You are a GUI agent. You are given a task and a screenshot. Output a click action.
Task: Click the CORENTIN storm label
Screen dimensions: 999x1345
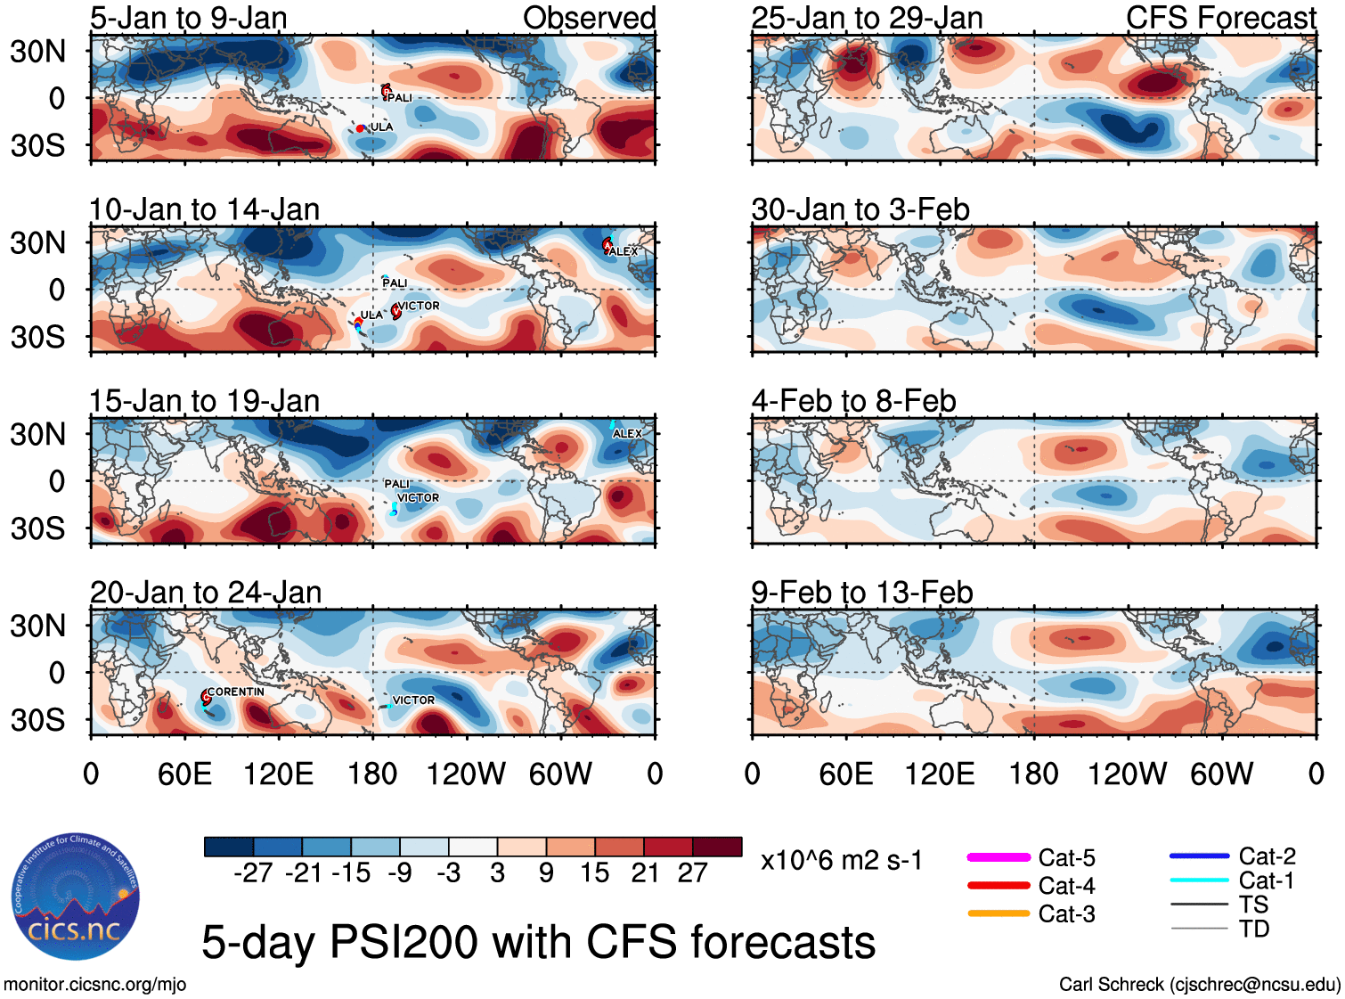click(236, 692)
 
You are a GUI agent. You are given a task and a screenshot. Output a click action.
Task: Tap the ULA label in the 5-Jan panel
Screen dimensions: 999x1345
click(381, 127)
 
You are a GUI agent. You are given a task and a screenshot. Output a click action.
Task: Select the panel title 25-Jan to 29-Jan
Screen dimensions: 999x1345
click(867, 18)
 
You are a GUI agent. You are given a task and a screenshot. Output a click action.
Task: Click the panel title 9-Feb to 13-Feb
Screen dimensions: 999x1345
click(861, 592)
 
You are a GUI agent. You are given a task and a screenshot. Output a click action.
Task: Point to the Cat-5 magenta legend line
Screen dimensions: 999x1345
click(999, 857)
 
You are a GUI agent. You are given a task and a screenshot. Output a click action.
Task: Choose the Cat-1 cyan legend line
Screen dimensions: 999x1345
click(1199, 880)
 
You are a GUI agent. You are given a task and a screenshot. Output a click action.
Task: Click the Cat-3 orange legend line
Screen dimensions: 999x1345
click(999, 913)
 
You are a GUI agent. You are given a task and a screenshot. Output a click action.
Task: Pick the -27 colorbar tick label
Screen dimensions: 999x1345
click(253, 872)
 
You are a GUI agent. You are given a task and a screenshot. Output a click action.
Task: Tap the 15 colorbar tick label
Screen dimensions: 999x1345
click(594, 872)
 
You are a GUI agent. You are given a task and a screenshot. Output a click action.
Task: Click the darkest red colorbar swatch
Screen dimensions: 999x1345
click(717, 847)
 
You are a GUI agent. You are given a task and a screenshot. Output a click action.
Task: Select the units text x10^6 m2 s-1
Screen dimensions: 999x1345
click(841, 860)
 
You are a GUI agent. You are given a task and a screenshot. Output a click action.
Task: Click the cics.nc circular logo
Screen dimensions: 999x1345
click(76, 897)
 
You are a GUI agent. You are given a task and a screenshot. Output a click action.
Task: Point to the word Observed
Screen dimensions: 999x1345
click(589, 18)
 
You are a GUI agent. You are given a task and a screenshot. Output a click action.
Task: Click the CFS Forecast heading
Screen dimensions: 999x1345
click(1220, 18)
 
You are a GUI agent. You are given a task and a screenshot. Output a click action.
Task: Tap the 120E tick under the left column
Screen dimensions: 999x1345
click(278, 774)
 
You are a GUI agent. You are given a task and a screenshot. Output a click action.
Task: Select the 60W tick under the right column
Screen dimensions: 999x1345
click(1221, 774)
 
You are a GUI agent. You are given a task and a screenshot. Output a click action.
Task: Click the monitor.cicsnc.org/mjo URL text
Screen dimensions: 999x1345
click(95, 985)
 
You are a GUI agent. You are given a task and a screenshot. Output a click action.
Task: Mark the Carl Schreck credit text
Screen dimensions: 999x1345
click(1199, 985)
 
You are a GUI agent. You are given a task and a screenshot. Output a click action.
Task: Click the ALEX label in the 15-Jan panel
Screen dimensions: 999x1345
click(628, 433)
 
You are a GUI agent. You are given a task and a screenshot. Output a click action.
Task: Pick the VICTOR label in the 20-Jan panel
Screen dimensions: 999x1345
click(414, 700)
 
